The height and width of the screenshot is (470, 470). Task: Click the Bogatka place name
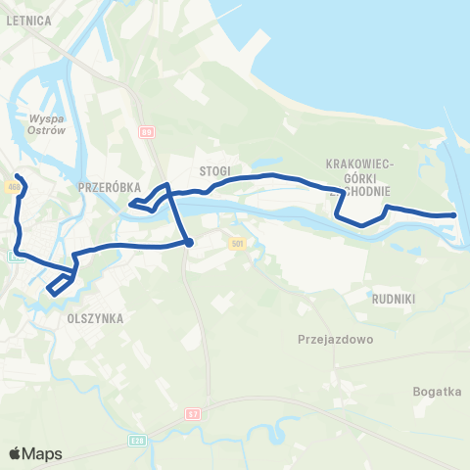tap(436, 391)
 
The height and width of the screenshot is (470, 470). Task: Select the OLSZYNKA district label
tap(93, 318)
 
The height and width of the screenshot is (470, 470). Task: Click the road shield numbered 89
tap(146, 130)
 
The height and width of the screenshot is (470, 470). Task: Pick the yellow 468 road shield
tap(13, 186)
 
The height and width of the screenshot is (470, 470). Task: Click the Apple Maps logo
tap(34, 453)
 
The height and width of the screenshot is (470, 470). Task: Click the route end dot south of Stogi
tap(189, 243)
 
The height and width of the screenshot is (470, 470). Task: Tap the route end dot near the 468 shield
tap(18, 177)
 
